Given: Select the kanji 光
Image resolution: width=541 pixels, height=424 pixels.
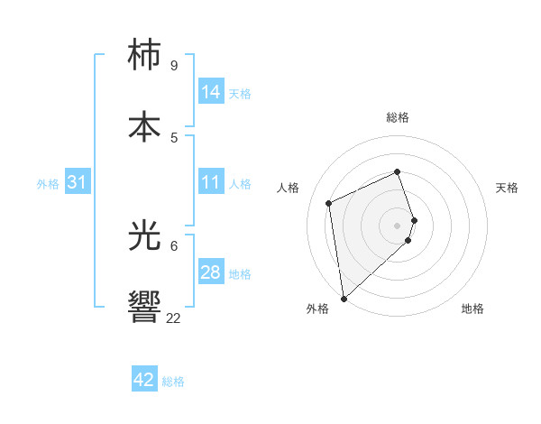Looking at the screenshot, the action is coord(144,235).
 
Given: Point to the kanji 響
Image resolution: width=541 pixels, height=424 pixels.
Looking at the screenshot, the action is coord(144,307).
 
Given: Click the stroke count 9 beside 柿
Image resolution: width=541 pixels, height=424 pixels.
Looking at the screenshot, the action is coord(173,66).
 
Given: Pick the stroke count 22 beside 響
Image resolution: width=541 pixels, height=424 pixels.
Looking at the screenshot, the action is coord(173,318).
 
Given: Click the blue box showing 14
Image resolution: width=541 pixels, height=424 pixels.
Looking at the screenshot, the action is coord(211,92).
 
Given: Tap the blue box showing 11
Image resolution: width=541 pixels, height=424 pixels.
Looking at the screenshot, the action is coord(211,182).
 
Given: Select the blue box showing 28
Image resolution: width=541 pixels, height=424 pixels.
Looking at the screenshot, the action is coord(211,272).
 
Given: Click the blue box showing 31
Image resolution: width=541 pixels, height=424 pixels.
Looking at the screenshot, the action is coord(78,182).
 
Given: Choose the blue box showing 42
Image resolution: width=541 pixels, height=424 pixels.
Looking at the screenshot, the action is coord(144,380).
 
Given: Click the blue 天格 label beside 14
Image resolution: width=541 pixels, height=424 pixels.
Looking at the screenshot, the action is coord(240,94).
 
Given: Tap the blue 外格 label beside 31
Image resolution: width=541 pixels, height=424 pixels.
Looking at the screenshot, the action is coord(48,184).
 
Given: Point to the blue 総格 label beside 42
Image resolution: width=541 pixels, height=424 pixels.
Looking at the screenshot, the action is coord(173,382).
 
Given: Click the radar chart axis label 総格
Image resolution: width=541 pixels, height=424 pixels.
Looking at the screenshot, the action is coord(398,117).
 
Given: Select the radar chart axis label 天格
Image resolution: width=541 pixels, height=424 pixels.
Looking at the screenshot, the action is coord(507,188).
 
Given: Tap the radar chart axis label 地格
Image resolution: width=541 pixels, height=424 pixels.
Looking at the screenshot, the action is coord(472,309).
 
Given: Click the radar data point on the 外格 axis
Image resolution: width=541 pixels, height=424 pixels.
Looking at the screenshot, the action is coord(344,298).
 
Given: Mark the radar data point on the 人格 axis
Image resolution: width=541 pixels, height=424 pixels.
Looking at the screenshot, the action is coord(329,202).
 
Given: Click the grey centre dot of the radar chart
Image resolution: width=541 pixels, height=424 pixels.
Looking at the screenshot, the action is coord(398,225).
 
